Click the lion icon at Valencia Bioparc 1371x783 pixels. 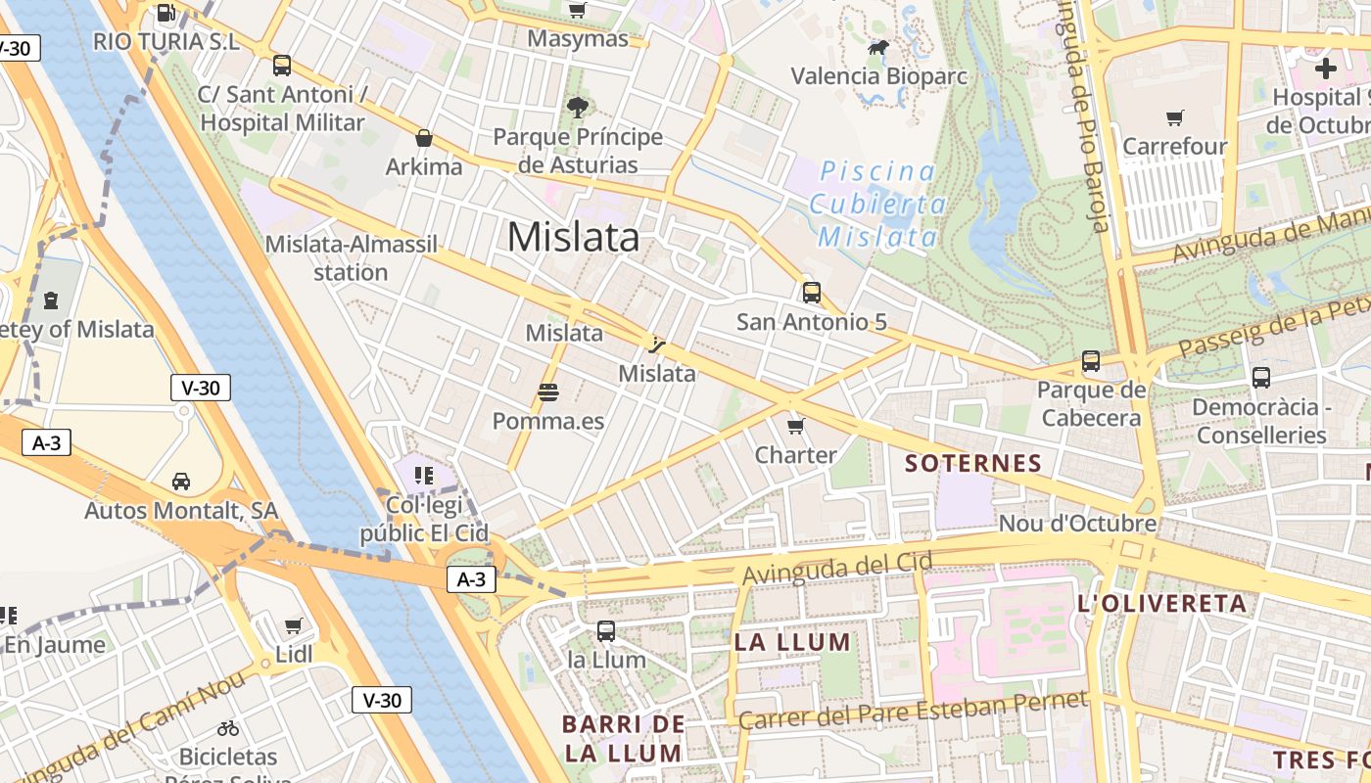pyautogui.click(x=878, y=47)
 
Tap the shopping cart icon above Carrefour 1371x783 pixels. pyautogui.click(x=1174, y=118)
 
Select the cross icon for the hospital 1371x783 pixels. pyautogui.click(x=1325, y=69)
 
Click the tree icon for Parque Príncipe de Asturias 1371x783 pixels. pyautogui.click(x=577, y=108)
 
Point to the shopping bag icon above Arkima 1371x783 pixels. pyautogui.click(x=424, y=138)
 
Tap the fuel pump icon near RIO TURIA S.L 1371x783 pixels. pyautogui.click(x=166, y=13)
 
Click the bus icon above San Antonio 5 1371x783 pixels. pyautogui.click(x=811, y=292)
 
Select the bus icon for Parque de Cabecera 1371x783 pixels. pyautogui.click(x=1091, y=361)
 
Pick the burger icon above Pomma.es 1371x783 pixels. pyautogui.click(x=547, y=392)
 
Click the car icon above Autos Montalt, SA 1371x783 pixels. pyautogui.click(x=181, y=482)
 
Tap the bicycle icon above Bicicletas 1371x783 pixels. pyautogui.click(x=228, y=728)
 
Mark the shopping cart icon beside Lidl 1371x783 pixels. pyautogui.click(x=293, y=625)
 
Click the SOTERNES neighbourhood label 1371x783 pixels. pyautogui.click(x=973, y=463)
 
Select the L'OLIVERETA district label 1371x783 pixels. pyautogui.click(x=1161, y=603)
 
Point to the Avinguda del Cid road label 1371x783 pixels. pyautogui.click(x=837, y=569)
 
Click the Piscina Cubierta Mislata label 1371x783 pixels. pyautogui.click(x=877, y=205)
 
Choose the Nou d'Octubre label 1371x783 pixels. pyautogui.click(x=1077, y=524)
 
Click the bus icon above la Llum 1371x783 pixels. pyautogui.click(x=606, y=631)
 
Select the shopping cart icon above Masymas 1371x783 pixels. pyautogui.click(x=578, y=11)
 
